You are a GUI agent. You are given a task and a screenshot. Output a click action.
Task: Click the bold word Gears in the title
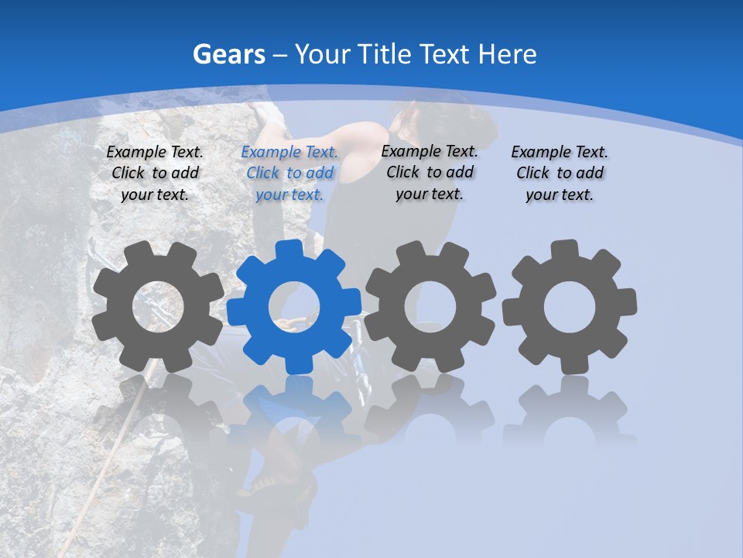[228, 54]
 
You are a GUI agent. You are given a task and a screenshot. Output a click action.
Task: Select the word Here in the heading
[507, 54]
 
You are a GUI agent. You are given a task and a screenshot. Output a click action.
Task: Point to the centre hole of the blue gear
[294, 307]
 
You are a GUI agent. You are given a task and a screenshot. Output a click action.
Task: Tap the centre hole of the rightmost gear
[570, 307]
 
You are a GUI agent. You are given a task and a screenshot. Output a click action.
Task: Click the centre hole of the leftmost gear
[158, 307]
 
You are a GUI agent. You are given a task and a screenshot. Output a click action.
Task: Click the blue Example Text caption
[289, 173]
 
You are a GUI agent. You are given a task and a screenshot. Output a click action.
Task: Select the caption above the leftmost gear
[155, 173]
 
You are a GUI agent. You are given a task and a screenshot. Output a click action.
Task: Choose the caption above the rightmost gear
[560, 173]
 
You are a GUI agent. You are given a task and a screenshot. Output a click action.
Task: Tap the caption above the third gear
[430, 172]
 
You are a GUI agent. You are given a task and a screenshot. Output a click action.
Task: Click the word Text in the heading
[446, 54]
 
